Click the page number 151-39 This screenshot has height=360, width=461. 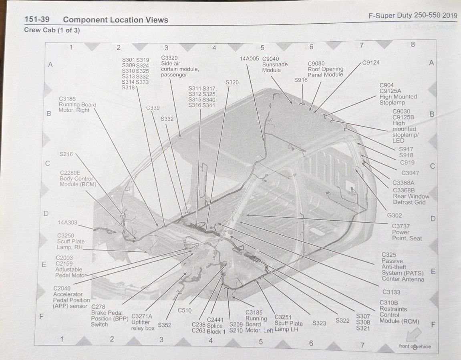(x=37, y=20)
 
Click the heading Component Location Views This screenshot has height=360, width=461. (x=115, y=20)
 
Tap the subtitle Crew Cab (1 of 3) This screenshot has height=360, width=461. (x=52, y=30)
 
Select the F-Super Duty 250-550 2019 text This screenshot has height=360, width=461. (x=413, y=15)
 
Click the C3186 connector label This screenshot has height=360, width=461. (x=67, y=99)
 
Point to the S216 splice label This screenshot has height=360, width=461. (x=66, y=154)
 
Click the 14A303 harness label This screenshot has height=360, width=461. (x=67, y=223)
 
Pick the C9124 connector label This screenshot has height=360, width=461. (x=371, y=62)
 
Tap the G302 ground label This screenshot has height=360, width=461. (x=394, y=215)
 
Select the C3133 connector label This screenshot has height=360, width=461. (x=391, y=292)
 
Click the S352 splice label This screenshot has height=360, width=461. (x=164, y=325)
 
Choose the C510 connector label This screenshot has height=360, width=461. (x=185, y=310)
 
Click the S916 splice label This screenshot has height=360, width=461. (x=301, y=80)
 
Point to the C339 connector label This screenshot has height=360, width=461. (x=153, y=108)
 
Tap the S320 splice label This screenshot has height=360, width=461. (x=232, y=82)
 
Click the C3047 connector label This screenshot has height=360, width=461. (x=410, y=173)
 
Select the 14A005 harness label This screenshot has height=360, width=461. (x=249, y=59)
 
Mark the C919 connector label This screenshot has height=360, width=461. (x=407, y=162)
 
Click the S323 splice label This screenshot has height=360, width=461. (x=319, y=323)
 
